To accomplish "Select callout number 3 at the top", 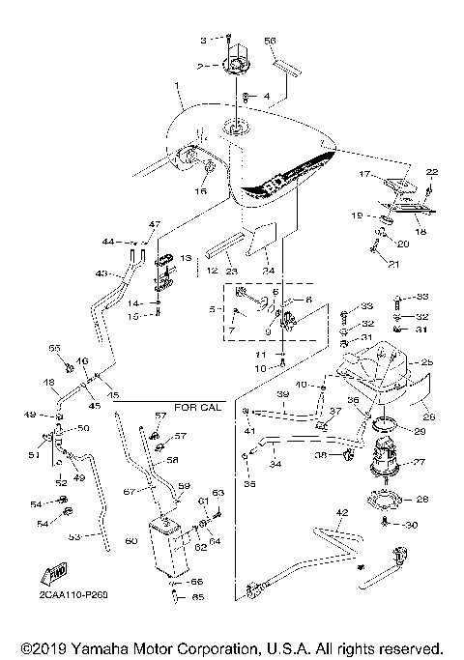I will point(203,40).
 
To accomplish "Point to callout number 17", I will point(364,174).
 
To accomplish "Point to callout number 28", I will point(421,500).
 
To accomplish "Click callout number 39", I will point(283,396).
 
